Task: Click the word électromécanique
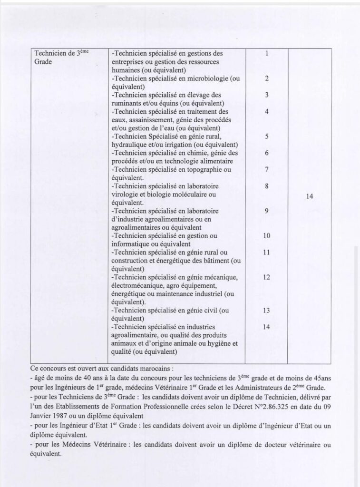coord(136,286)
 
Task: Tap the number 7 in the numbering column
coord(267,169)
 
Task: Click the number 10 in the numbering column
coord(267,236)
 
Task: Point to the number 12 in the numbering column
coord(267,277)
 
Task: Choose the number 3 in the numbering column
coord(267,95)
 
